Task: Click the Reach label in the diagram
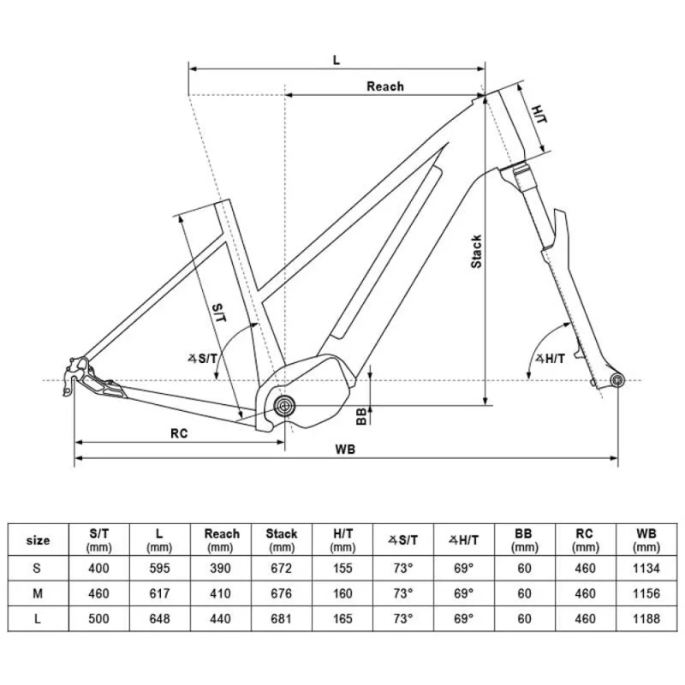tap(384, 86)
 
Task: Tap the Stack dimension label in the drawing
tap(477, 251)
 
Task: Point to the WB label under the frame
tap(346, 450)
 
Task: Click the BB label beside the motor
tap(362, 415)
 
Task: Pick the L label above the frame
tap(337, 60)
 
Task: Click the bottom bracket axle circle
tap(284, 404)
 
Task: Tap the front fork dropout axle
tap(615, 379)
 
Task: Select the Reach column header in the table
tap(221, 539)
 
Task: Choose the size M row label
tap(39, 593)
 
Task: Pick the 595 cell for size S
tap(159, 567)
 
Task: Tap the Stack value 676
tap(282, 593)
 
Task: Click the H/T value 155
tap(342, 567)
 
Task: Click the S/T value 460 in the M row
tap(98, 593)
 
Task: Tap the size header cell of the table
tap(39, 539)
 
